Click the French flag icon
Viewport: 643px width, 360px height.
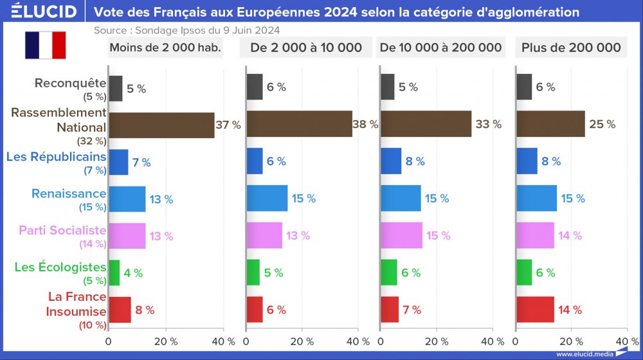[x=46, y=45]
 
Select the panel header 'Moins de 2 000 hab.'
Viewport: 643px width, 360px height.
[x=165, y=48]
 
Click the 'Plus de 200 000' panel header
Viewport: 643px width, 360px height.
[x=571, y=48]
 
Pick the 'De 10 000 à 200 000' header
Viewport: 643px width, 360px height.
[x=440, y=48]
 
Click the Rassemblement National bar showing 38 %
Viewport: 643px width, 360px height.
[x=299, y=124]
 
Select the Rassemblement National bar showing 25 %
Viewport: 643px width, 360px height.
[x=550, y=124]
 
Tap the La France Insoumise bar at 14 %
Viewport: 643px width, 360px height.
[x=535, y=310]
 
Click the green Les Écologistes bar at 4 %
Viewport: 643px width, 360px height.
[x=114, y=273]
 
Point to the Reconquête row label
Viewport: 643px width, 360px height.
[x=69, y=82]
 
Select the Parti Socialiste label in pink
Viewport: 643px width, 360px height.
[x=62, y=230]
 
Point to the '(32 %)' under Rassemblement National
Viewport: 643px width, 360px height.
[x=91, y=141]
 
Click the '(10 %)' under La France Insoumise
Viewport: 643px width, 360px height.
[x=92, y=325]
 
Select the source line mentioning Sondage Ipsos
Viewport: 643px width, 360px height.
[x=186, y=30]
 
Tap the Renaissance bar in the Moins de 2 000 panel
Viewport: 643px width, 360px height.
[x=127, y=199]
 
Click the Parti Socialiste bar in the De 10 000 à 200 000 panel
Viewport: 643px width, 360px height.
[x=401, y=235]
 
